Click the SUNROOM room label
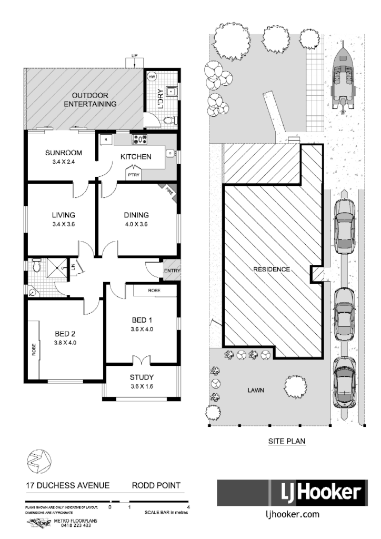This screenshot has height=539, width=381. tap(64, 153)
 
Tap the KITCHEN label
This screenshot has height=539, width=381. tap(136, 156)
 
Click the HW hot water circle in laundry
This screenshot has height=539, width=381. tap(152, 77)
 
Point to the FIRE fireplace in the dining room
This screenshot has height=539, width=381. tap(170, 191)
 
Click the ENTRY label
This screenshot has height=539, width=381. tap(172, 271)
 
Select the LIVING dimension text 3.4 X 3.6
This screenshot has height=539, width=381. tap(63, 225)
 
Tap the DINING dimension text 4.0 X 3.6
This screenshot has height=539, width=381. tap(136, 225)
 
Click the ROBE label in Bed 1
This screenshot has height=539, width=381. tap(154, 290)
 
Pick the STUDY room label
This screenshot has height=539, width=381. tap(142, 377)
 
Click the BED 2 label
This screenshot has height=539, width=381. tap(66, 333)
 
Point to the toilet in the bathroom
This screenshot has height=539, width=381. tap(36, 267)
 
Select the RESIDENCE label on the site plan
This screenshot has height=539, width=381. tap(272, 269)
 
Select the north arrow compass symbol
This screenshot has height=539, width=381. tap(38, 461)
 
